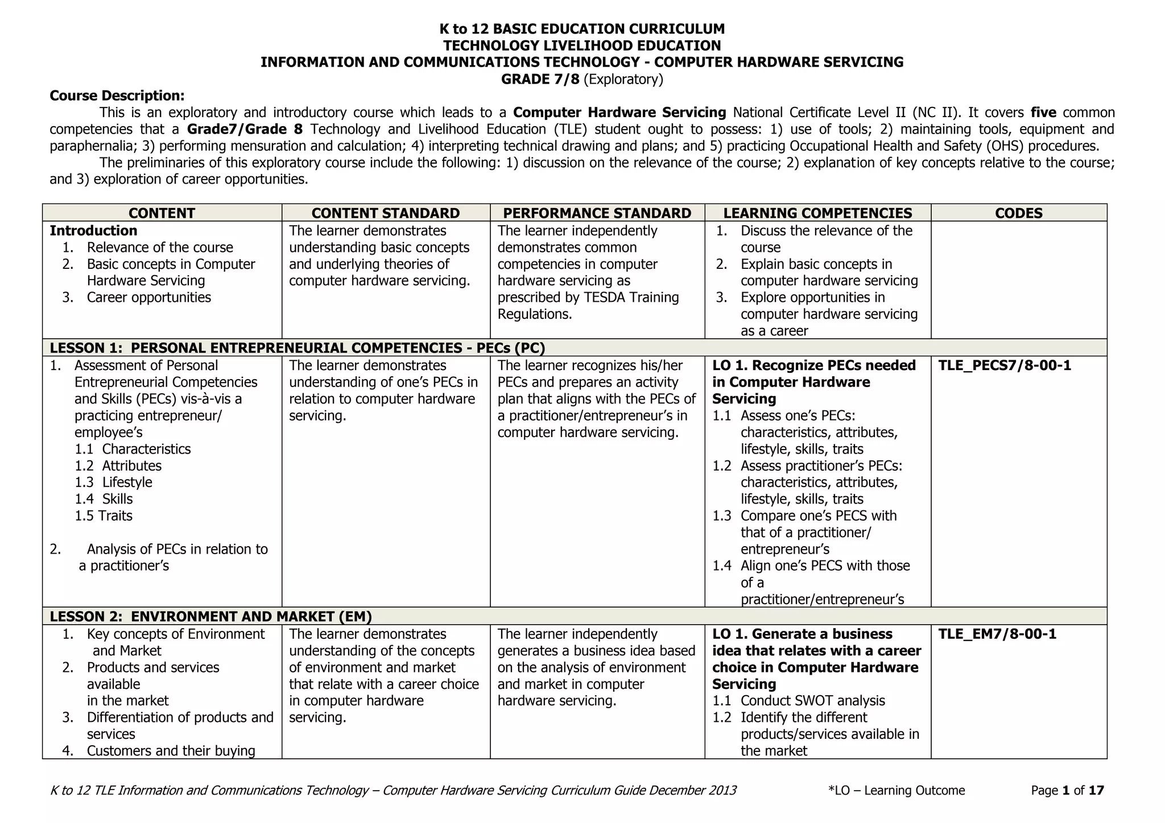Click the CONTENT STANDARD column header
[x=386, y=213]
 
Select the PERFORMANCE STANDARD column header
[x=597, y=213]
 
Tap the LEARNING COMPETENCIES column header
[x=817, y=213]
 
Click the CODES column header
[x=1019, y=213]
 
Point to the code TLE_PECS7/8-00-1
[x=1005, y=365]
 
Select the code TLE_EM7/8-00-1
[x=997, y=634]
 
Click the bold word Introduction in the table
[x=93, y=231]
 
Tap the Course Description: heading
[x=117, y=95]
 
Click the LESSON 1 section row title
[x=297, y=348]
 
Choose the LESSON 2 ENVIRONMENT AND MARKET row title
[x=210, y=617]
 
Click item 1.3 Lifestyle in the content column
[x=114, y=483]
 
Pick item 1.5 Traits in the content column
[x=104, y=516]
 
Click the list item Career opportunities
[x=148, y=298]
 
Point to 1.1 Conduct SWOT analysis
[x=799, y=701]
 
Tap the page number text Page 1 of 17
[x=1067, y=791]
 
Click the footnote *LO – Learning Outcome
[x=897, y=791]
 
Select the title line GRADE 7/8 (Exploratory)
[x=582, y=79]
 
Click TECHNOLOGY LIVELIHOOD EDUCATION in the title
[x=582, y=45]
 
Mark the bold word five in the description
[x=1043, y=113]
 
